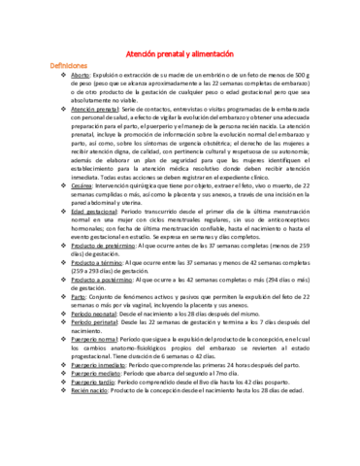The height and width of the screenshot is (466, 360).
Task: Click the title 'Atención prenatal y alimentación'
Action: [x=180, y=54]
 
